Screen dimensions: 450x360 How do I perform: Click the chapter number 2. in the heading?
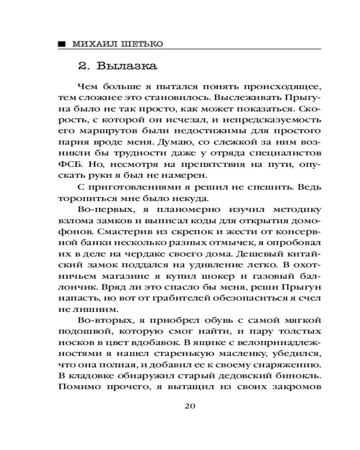click(85, 67)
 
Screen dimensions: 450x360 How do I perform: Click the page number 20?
click(189, 406)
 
